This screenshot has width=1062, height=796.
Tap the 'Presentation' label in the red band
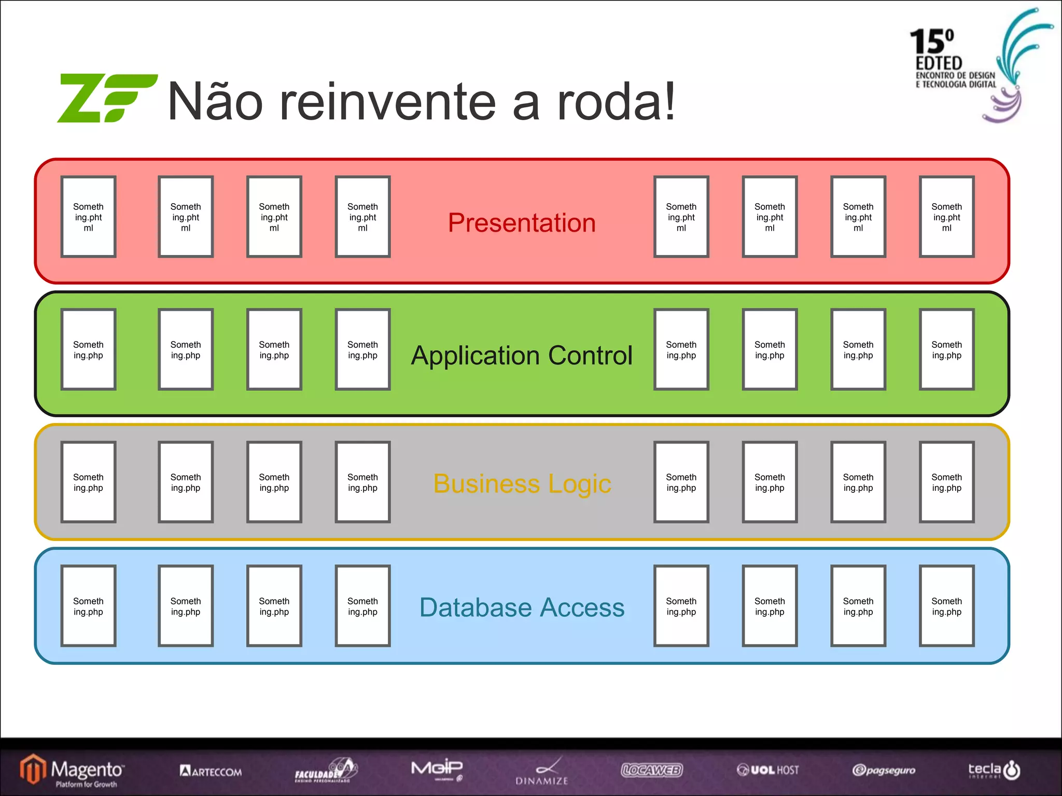[522, 223]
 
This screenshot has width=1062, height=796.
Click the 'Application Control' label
[522, 356]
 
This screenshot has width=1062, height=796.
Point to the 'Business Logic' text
[522, 484]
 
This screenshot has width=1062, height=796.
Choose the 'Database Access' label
[522, 607]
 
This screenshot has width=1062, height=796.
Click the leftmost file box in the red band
[88, 217]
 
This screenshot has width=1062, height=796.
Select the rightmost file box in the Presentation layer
[946, 217]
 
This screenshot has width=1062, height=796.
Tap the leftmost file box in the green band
[88, 350]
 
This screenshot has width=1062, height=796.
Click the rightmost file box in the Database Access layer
[946, 606]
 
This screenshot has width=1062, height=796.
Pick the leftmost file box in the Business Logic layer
[88, 482]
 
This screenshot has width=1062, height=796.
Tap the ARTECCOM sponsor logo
[211, 771]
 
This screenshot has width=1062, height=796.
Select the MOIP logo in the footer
[437, 769]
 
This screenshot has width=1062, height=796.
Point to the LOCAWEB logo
[652, 770]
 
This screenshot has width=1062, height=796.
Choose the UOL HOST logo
[768, 770]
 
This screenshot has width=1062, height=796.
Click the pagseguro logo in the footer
[884, 770]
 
